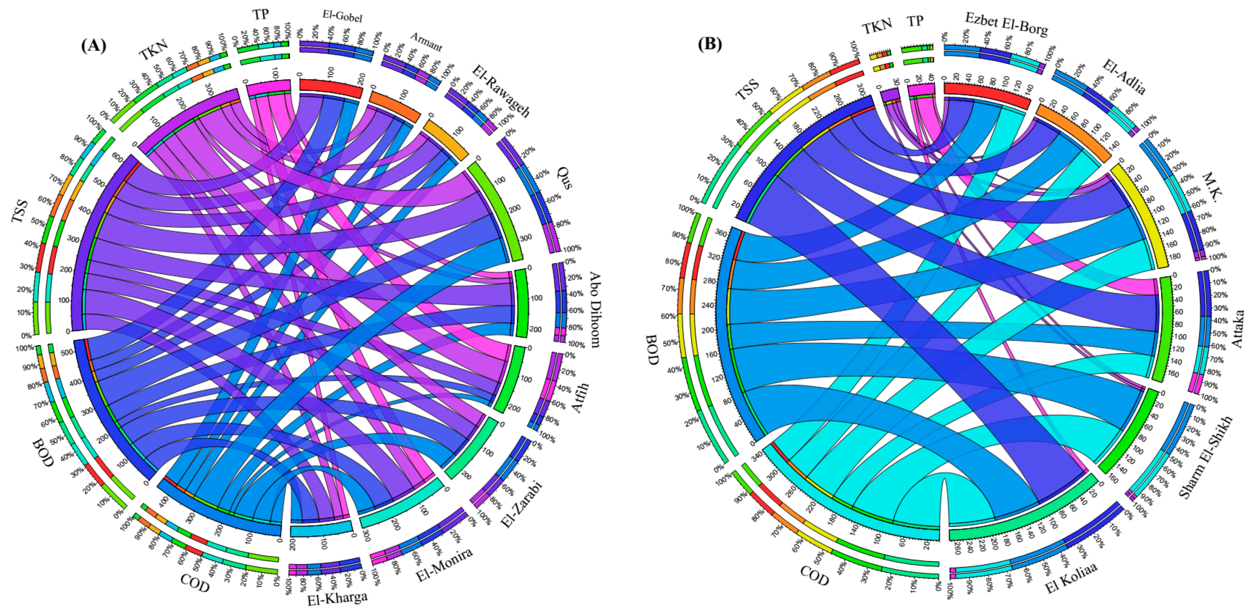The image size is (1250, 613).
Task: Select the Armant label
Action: (426, 42)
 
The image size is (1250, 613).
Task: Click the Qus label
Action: (564, 178)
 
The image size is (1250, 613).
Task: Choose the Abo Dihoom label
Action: (595, 309)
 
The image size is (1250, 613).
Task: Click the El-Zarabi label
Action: (522, 504)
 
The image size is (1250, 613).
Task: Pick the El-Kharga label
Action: (337, 598)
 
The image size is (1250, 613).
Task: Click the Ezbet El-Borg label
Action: (1007, 24)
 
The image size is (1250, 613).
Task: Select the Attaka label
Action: (1237, 328)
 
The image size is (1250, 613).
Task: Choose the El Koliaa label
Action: (1071, 577)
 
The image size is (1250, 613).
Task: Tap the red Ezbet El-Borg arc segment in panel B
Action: (987, 94)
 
